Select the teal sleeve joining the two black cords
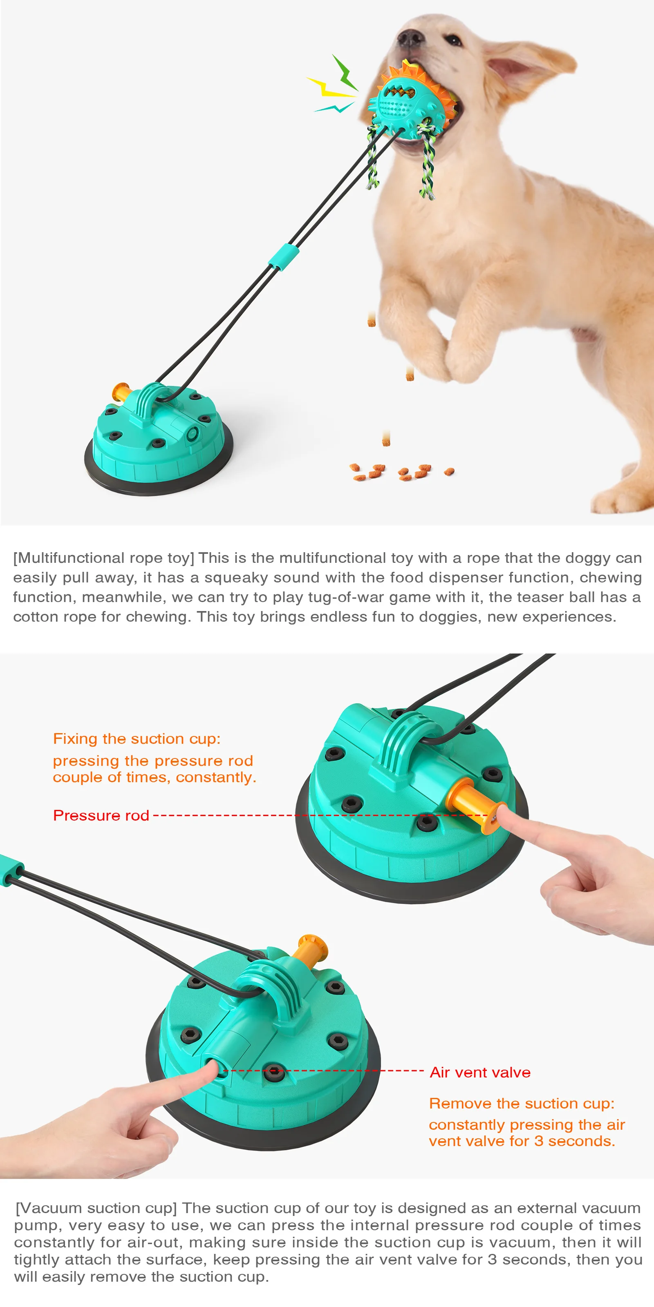283,256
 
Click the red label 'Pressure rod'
101,815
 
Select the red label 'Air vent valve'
480,1072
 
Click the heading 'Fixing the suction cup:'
137,739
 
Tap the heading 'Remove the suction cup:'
522,1104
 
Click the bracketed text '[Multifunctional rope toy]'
103,558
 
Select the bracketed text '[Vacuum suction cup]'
96,1208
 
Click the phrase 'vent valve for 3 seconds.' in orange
522,1141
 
